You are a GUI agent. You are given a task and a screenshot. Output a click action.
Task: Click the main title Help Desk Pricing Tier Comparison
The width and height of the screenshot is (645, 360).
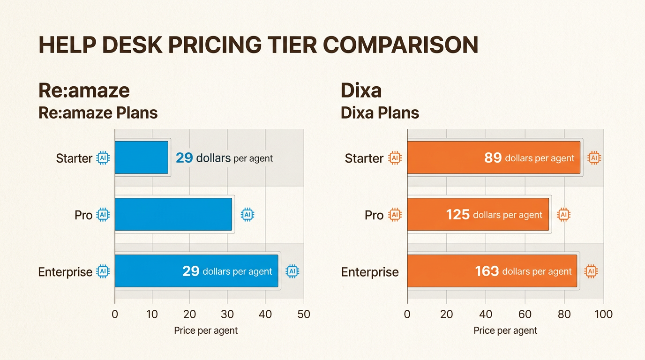tap(258, 45)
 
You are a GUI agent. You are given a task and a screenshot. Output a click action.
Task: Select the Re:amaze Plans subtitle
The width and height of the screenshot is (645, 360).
tap(97, 113)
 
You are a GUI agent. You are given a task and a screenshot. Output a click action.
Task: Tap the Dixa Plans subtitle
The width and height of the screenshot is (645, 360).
tap(380, 113)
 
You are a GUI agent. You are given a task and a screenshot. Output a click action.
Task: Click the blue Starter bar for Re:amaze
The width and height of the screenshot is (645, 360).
tap(141, 157)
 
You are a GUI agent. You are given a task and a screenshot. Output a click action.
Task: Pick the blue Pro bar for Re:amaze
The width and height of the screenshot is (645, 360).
tap(173, 214)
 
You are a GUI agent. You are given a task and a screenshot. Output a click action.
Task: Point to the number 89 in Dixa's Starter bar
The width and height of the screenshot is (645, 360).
tap(493, 158)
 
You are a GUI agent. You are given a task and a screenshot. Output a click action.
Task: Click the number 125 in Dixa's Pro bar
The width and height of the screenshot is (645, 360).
tap(457, 215)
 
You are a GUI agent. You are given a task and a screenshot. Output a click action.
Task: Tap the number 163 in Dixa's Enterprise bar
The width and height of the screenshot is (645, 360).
tap(487, 271)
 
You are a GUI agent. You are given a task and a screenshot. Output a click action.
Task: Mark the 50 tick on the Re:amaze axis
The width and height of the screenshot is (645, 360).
tap(304, 315)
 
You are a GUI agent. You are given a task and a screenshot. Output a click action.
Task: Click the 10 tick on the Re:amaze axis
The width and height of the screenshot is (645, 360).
tap(152, 315)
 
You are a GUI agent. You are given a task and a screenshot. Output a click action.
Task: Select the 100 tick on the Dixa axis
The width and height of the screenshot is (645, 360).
tap(603, 315)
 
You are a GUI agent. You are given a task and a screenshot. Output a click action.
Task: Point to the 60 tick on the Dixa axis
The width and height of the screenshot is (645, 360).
tap(525, 315)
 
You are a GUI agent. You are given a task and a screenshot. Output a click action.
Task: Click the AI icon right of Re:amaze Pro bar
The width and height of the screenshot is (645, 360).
tap(247, 215)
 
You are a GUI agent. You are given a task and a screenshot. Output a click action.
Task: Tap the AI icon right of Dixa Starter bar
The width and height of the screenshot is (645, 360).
tap(594, 158)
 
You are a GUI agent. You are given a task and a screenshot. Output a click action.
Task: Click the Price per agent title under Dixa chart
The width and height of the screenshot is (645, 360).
tap(505, 330)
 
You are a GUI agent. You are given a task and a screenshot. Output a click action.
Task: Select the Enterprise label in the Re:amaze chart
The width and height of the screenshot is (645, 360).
tap(65, 272)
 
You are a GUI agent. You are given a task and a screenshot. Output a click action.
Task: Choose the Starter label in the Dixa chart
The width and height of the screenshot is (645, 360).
tap(364, 158)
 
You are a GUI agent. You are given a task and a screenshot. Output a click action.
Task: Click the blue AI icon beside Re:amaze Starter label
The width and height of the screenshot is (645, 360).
tap(103, 158)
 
